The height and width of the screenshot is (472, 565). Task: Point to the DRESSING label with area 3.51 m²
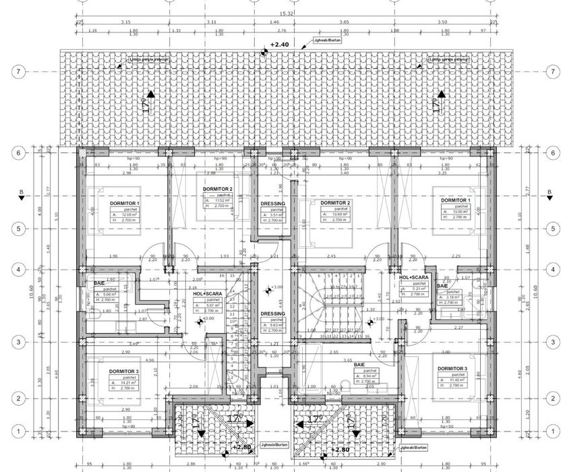click(272, 203)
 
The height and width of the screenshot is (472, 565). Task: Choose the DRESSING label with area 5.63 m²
click(272, 314)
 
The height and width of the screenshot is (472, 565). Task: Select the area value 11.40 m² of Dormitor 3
click(455, 381)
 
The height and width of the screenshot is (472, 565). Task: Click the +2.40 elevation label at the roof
click(280, 45)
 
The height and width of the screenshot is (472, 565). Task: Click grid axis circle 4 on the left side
click(20, 269)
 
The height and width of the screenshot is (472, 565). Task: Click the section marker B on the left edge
click(21, 194)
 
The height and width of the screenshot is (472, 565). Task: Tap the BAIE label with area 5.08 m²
click(99, 284)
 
